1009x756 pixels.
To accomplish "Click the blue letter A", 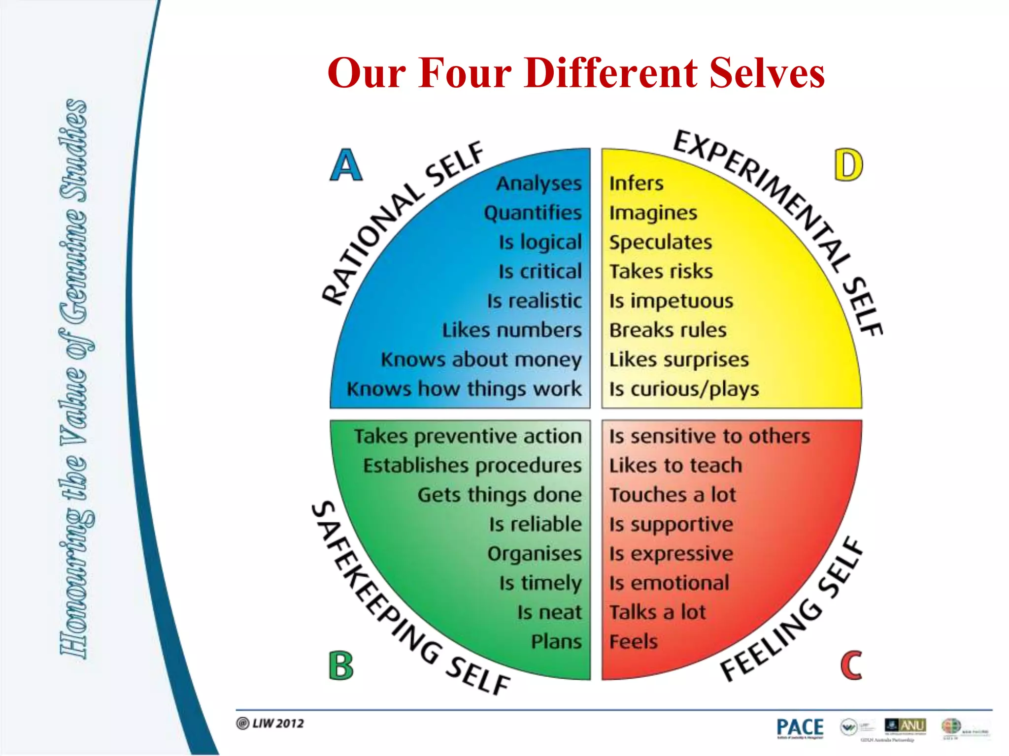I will pyautogui.click(x=346, y=165).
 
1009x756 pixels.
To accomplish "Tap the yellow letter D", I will pyautogui.click(x=848, y=165).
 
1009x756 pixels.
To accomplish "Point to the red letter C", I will pyautogui.click(x=851, y=665).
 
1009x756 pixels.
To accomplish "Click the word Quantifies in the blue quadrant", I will pyautogui.click(x=533, y=213).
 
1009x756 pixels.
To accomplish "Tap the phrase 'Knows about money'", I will pyautogui.click(x=481, y=359).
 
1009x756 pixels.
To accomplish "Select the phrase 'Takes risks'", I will pyautogui.click(x=661, y=271).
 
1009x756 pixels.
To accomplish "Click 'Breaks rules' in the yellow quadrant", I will pyautogui.click(x=668, y=330).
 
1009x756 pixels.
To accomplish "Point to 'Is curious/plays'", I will pyautogui.click(x=684, y=389).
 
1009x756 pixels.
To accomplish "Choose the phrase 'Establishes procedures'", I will pyautogui.click(x=472, y=466).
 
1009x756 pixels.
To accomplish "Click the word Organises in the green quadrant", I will pyautogui.click(x=535, y=554).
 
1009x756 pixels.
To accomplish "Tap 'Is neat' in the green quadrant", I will pyautogui.click(x=549, y=612).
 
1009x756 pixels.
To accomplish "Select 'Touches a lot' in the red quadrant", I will pyautogui.click(x=673, y=495).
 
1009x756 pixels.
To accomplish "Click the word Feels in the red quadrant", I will pyautogui.click(x=633, y=642).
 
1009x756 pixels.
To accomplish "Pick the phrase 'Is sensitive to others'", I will pyautogui.click(x=709, y=436).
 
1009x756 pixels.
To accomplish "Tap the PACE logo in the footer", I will pyautogui.click(x=800, y=727).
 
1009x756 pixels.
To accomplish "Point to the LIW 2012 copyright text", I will pyautogui.click(x=270, y=723).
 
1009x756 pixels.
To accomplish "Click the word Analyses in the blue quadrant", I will pyautogui.click(x=538, y=183).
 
